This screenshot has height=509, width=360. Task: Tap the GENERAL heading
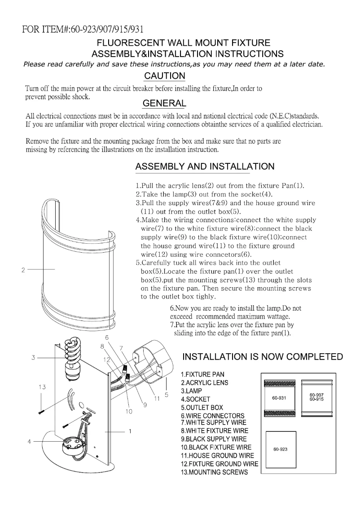[x=164, y=103]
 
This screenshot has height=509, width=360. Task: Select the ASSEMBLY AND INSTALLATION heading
[x=205, y=167]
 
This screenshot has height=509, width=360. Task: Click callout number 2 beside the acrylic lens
[x=22, y=270]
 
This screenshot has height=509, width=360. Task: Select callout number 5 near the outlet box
[x=166, y=395]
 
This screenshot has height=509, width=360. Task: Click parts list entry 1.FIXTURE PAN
[x=203, y=374]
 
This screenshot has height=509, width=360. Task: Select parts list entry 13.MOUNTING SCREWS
[x=214, y=472]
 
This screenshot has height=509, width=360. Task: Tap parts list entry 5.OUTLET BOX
[x=202, y=407]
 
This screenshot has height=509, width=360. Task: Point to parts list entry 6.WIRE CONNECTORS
[x=213, y=416]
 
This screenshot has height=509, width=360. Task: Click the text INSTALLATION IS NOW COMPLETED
[x=262, y=357]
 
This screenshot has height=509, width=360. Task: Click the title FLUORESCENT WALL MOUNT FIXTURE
[x=184, y=43]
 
